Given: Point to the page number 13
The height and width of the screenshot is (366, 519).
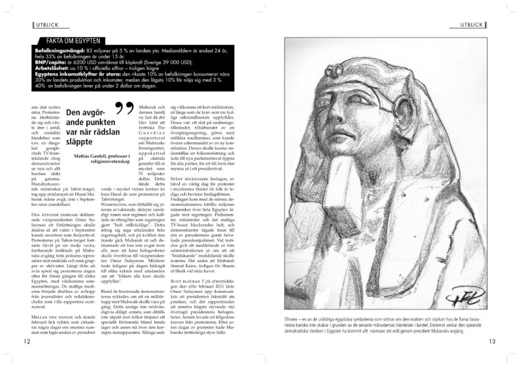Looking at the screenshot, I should click(x=492, y=341).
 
